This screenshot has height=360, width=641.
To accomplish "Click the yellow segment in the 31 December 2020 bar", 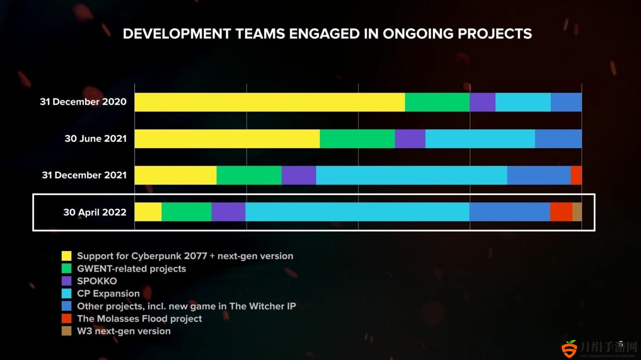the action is pos(270,102).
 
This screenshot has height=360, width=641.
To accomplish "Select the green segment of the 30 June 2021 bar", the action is pos(357,138).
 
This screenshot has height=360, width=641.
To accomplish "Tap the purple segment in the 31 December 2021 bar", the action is pos(299,175).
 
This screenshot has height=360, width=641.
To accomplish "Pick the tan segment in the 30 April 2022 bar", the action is pos(577,212).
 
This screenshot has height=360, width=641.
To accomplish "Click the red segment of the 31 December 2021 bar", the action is pos(576,175).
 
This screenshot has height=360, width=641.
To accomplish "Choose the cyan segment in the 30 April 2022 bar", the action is pos(357,212).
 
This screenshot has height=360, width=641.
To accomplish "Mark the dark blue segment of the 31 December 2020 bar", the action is pos(566,102).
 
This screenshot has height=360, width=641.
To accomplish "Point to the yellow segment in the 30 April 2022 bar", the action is pos(148,212).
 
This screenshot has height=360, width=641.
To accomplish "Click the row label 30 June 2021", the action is pos(96,138).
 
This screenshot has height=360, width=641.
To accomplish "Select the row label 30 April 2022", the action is pos(95,212).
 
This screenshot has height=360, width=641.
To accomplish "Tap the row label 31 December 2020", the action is pos(83,102).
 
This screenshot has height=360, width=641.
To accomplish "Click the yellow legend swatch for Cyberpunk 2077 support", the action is pos(66,256).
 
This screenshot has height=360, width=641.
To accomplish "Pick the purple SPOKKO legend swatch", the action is pos(66,281).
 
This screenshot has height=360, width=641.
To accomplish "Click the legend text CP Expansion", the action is pos(109,294).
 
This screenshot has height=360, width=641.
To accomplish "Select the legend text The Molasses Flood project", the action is pos(139,319).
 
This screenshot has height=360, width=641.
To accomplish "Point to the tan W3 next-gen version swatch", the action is pos(66,331).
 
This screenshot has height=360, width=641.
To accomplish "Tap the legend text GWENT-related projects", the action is pos(131,269).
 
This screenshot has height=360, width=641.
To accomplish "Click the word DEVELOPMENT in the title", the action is pos(177,34).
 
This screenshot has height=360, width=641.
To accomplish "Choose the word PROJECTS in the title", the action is pos(495,34).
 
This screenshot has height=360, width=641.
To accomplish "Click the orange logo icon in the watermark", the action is pos(570,349).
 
